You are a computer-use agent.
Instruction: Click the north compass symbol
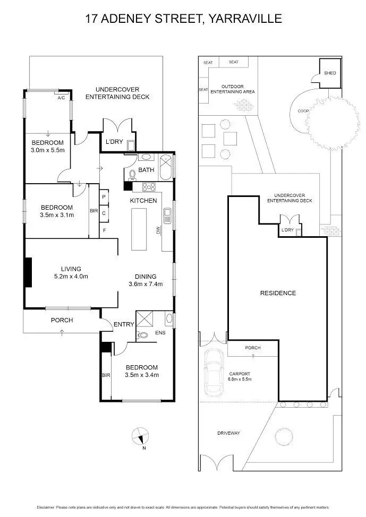tap(139, 437)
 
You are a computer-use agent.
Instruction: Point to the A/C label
tap(62, 98)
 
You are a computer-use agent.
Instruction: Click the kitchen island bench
tap(140, 229)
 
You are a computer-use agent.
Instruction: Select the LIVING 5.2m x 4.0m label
tap(71, 273)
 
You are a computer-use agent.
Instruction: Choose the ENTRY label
tap(124, 324)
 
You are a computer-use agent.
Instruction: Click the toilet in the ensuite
tap(142, 335)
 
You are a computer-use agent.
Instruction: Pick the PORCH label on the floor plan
tap(62, 320)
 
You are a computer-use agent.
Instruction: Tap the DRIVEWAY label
tap(229, 433)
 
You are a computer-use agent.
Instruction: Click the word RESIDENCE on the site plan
tap(278, 293)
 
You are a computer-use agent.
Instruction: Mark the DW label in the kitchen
tap(158, 230)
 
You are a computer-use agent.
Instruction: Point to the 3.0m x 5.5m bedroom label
tap(47, 147)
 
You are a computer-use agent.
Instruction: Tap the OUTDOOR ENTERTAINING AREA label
tap(233, 89)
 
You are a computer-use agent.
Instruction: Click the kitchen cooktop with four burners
tap(147, 187)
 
